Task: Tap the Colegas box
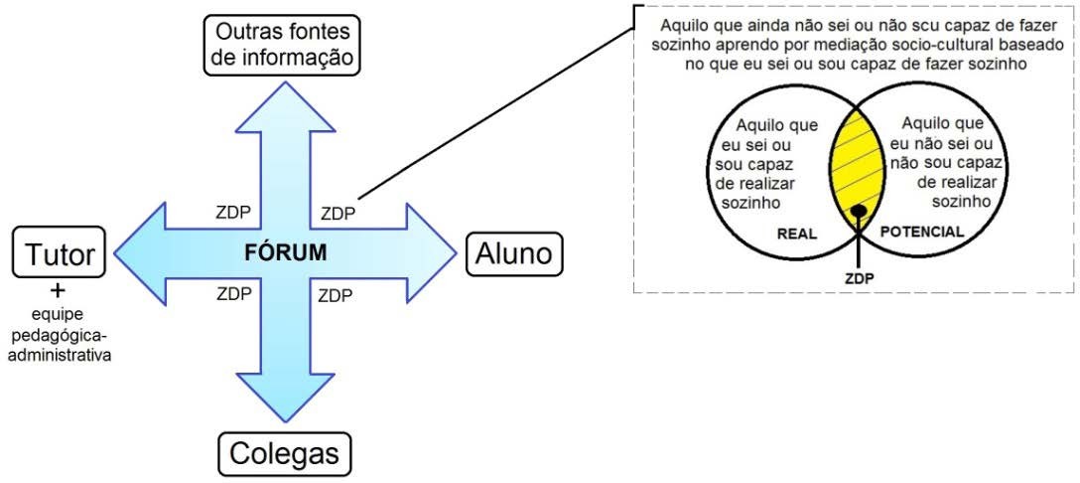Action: pos(285,453)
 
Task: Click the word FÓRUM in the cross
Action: pos(284,251)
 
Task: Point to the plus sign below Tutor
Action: pos(57,290)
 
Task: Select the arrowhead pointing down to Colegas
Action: pos(286,398)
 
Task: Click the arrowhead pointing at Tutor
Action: pos(144,251)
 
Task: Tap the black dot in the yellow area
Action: pos(859,211)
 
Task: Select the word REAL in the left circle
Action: pos(797,234)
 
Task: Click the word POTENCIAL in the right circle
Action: pos(921,232)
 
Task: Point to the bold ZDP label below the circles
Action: pos(860,278)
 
